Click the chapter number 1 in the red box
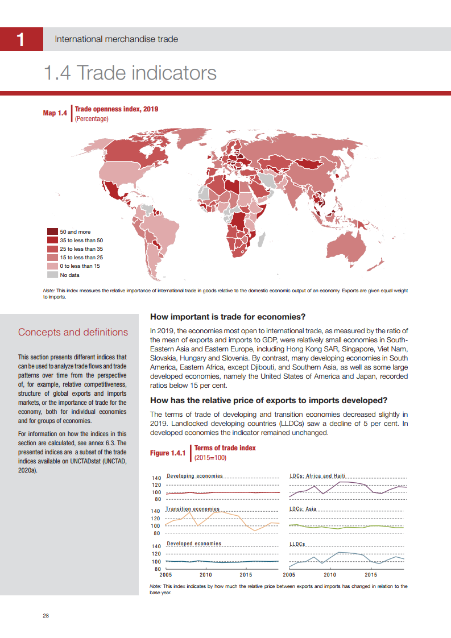(21, 39)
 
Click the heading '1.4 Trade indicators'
(130, 73)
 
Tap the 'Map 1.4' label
(55, 114)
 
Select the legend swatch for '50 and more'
(52, 232)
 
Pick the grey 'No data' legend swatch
(52, 275)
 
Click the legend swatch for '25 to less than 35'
(52, 249)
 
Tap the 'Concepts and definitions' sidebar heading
(73, 332)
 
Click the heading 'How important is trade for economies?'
(227, 317)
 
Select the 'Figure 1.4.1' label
(167, 453)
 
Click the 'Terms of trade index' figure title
(225, 448)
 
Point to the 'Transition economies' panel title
(192, 509)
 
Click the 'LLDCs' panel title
(297, 544)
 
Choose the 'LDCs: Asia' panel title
(303, 509)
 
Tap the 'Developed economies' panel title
(194, 544)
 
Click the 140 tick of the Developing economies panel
(156, 478)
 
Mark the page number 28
(45, 616)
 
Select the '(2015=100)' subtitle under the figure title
(210, 457)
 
